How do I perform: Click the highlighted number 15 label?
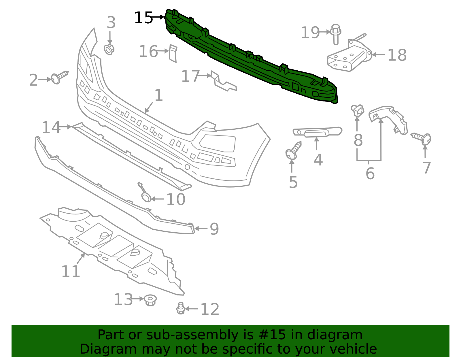coord(143,18)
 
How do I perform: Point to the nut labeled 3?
coord(109,49)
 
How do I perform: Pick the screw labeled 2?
coord(59,77)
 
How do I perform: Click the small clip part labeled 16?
coord(173,53)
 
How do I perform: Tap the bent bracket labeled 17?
coord(224,82)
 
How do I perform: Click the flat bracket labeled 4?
coord(317,132)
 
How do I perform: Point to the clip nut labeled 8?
coord(358,110)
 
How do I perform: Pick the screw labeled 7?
coord(422,138)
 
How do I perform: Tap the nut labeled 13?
coord(150,300)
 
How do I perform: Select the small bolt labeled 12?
coord(181,308)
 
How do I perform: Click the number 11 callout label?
coord(71,271)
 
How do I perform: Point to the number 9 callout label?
coord(214,229)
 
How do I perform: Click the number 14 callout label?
coord(51,127)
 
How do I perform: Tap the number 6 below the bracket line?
coord(370,174)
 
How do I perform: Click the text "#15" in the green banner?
coord(272,335)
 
